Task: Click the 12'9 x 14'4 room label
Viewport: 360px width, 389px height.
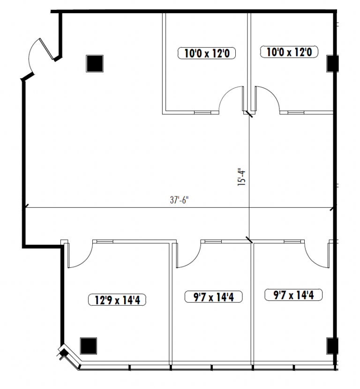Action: coord(117,300)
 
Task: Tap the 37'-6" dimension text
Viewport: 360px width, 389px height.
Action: coord(179,200)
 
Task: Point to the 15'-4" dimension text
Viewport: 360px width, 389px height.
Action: coord(241,177)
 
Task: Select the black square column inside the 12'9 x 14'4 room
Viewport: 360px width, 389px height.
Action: coord(88,346)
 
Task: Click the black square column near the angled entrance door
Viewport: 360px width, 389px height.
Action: coord(95,64)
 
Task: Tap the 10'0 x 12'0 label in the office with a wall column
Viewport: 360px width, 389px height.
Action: coord(289,52)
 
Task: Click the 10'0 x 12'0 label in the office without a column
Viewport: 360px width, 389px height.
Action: coord(207,53)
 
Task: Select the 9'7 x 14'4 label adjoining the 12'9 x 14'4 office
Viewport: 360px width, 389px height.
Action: coord(213,297)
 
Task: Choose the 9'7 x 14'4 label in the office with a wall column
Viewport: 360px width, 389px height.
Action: coord(293,295)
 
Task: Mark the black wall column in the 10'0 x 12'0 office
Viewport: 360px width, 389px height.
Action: coord(332,64)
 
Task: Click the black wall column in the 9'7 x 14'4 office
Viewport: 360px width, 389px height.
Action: coord(332,346)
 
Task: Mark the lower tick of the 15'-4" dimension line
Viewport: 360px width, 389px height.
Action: coord(249,240)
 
